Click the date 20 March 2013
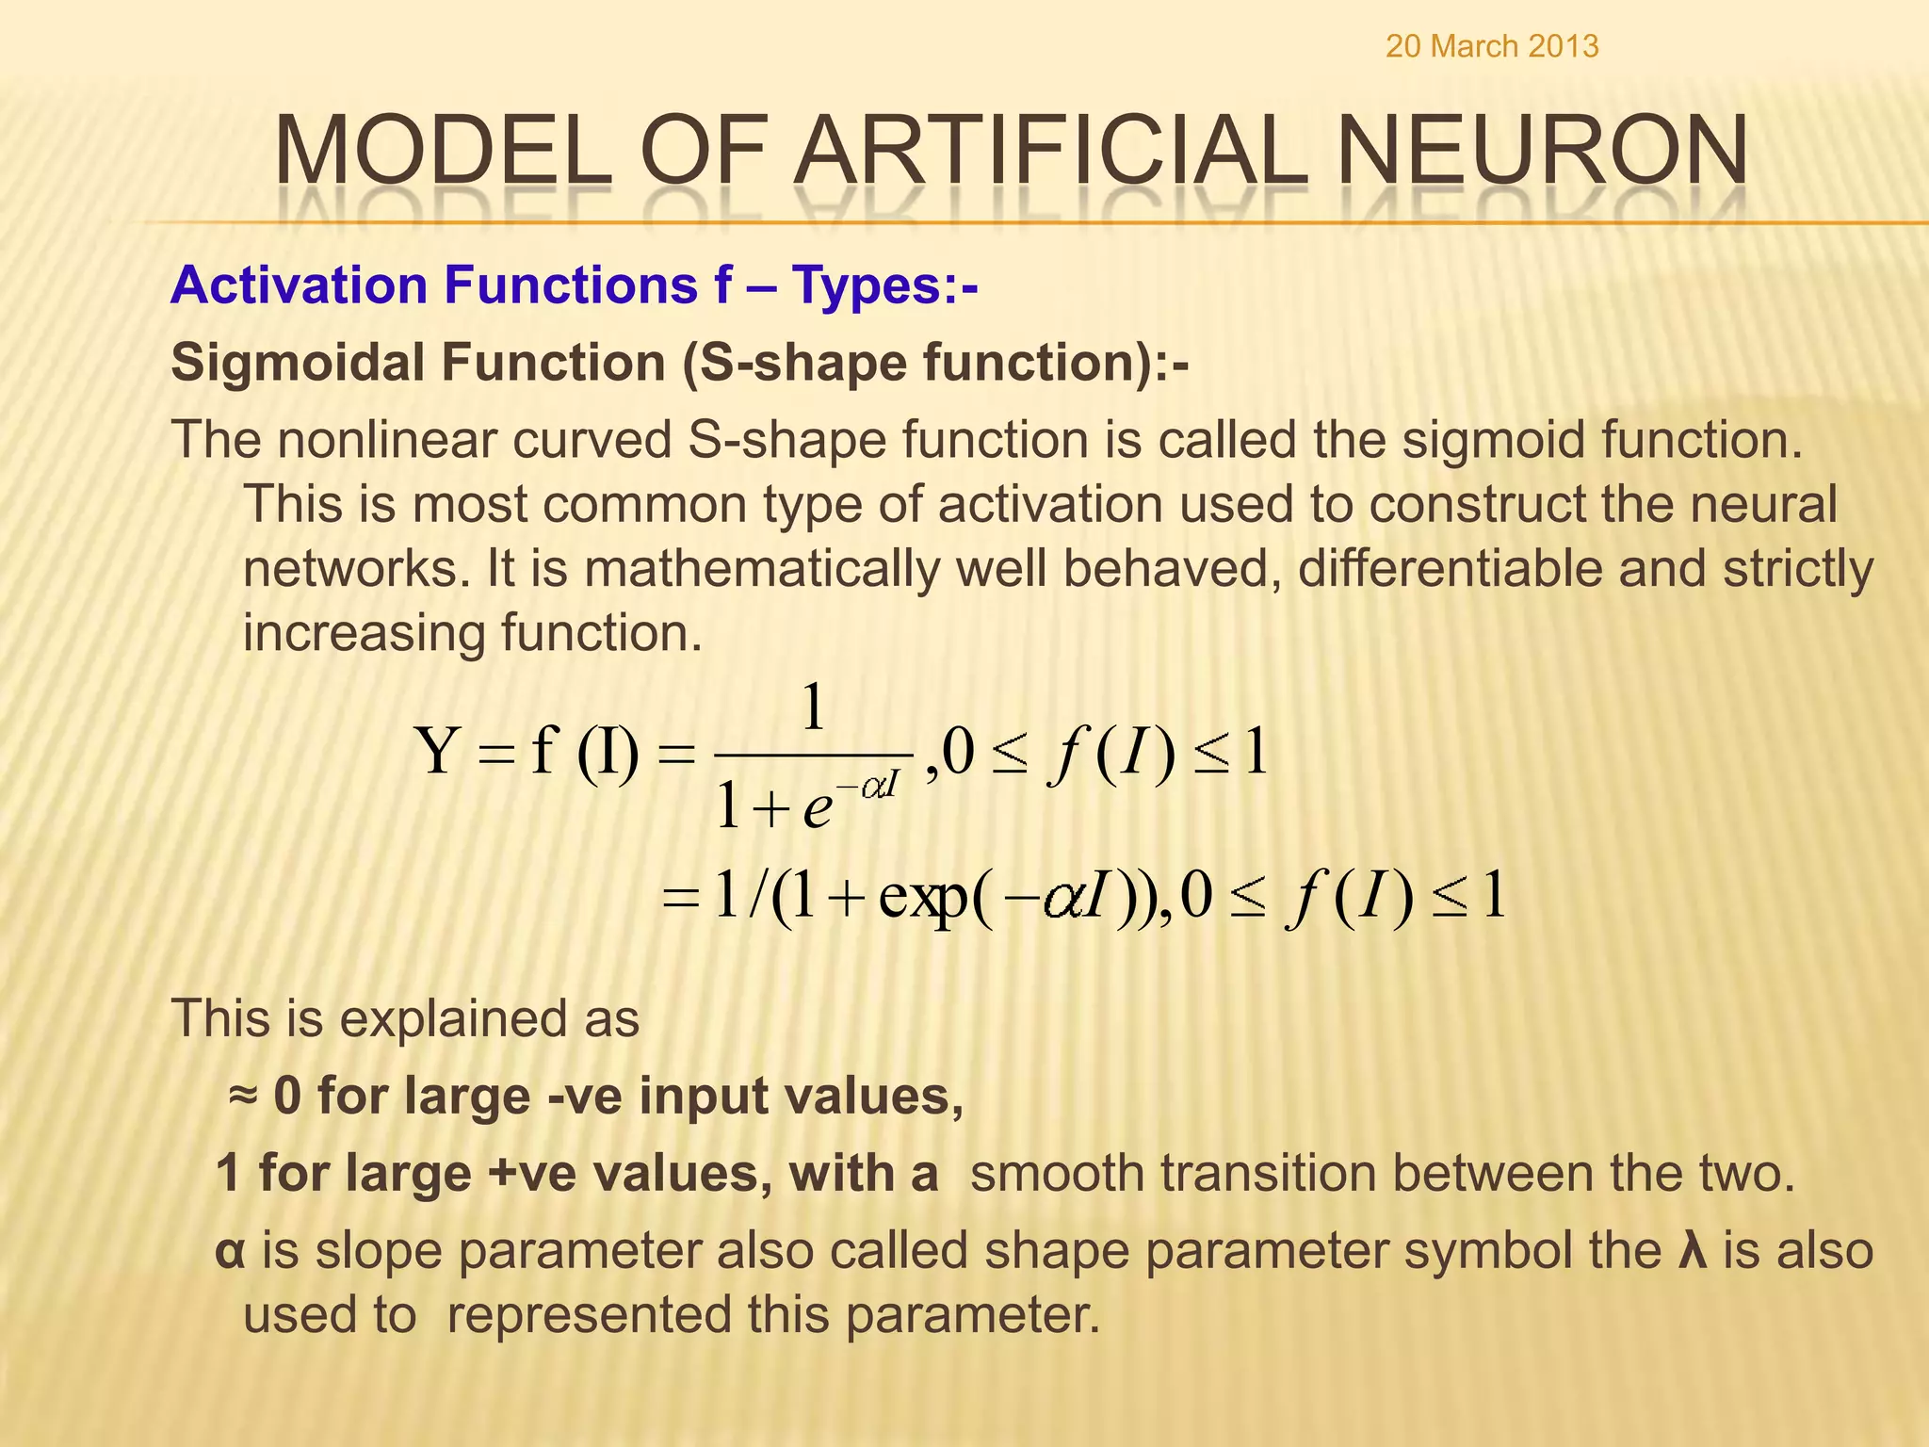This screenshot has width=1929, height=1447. click(1492, 46)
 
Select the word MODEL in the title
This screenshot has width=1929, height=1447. click(444, 151)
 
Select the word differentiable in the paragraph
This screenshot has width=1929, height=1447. click(1501, 569)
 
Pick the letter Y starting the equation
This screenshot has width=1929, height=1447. click(438, 752)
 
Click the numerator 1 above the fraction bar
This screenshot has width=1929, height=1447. click(813, 708)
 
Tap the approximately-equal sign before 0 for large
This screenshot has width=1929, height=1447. click(243, 1096)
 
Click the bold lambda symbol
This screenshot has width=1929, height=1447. click(1694, 1251)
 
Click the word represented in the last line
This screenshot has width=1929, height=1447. click(638, 1315)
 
